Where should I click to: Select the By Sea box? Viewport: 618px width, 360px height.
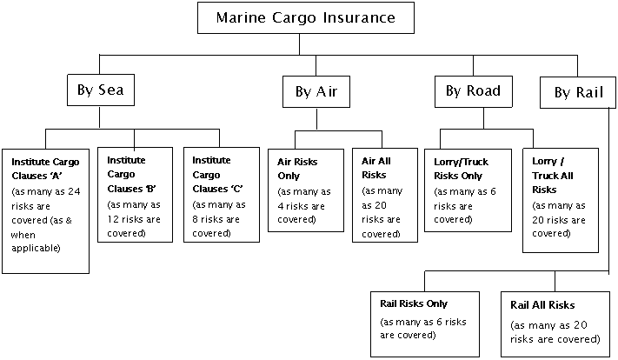pyautogui.click(x=101, y=90)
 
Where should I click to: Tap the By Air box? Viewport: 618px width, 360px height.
pyautogui.click(x=316, y=90)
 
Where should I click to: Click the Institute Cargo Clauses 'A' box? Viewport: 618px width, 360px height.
pyautogui.click(x=45, y=210)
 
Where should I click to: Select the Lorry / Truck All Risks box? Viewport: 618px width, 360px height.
pyautogui.click(x=560, y=199)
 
